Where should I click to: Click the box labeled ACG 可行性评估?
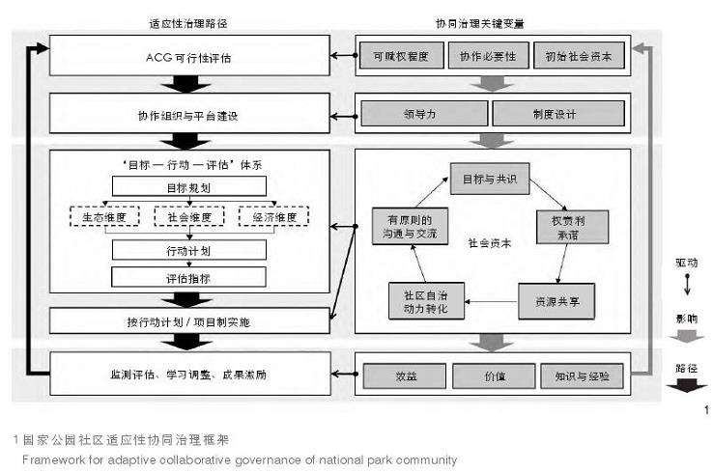point(187,57)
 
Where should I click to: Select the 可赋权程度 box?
point(402,57)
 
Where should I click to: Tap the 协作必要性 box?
point(487,57)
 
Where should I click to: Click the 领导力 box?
point(423,115)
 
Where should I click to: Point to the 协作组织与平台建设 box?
point(187,115)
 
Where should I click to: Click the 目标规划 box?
point(189,186)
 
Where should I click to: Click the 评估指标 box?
point(189,278)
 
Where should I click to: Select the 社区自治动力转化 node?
point(426,300)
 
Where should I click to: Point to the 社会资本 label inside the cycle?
point(489,243)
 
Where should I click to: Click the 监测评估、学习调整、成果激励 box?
point(187,372)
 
